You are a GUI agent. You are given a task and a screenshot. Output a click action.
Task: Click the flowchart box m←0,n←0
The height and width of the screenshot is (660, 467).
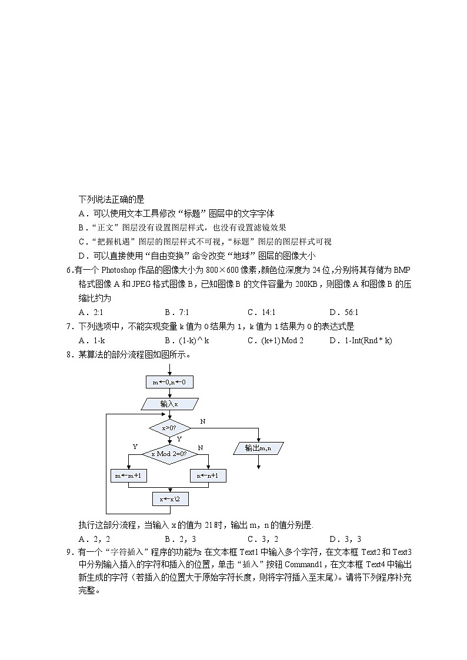169,382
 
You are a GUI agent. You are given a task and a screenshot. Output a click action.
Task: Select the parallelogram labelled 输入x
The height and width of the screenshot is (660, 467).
169,404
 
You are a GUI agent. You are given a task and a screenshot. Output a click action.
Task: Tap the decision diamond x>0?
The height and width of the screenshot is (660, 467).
169,428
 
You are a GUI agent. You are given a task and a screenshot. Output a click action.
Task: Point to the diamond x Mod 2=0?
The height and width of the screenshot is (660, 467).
169,454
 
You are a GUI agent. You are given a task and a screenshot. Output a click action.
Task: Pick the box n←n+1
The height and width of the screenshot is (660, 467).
208,475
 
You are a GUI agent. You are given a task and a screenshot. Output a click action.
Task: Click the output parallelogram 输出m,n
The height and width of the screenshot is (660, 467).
258,448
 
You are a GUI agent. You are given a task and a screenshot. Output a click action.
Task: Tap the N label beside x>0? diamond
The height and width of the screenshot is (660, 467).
202,421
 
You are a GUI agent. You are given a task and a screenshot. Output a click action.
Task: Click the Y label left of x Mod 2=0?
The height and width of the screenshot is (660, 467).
135,447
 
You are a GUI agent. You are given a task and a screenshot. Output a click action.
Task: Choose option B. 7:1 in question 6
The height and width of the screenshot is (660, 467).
176,313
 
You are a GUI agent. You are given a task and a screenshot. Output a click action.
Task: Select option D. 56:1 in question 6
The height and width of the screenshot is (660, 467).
343,313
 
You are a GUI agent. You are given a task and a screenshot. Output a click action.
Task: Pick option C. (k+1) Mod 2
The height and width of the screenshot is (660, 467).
275,341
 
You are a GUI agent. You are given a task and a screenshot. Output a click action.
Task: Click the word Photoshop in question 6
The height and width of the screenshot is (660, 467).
118,270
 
